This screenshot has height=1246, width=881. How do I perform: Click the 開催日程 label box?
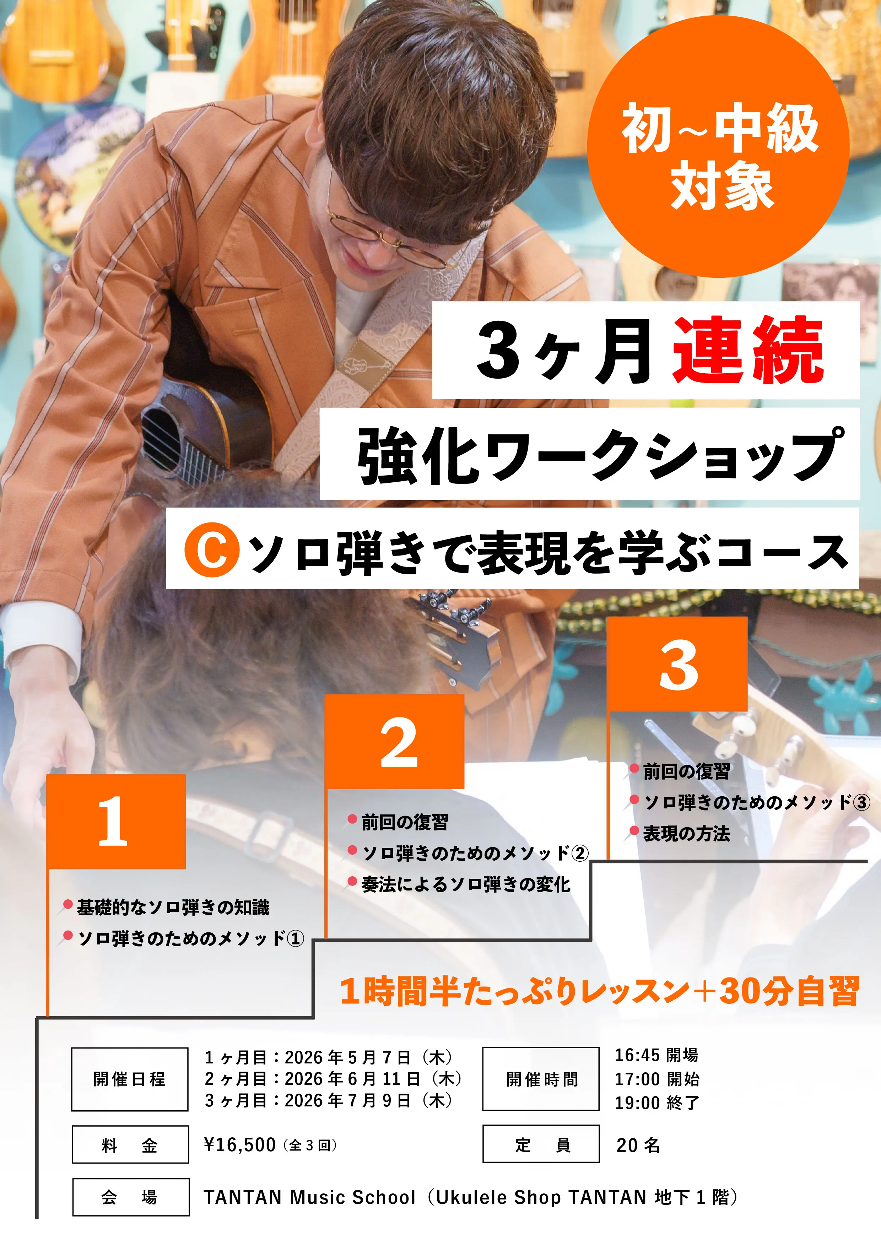[x=130, y=1079]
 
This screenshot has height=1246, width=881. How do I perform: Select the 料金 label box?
[x=130, y=1144]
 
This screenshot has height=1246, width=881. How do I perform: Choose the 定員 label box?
[x=541, y=1144]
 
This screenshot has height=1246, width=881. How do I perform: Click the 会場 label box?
[x=131, y=1197]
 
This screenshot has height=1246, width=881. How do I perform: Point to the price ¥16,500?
[x=240, y=1144]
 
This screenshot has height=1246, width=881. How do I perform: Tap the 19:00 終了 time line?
[x=657, y=1102]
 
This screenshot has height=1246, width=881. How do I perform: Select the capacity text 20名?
[x=638, y=1144]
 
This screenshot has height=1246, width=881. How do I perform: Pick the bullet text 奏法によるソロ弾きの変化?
[x=466, y=884]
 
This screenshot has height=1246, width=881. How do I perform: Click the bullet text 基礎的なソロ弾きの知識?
[x=173, y=907]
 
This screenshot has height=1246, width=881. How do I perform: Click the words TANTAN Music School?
[x=309, y=1197]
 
